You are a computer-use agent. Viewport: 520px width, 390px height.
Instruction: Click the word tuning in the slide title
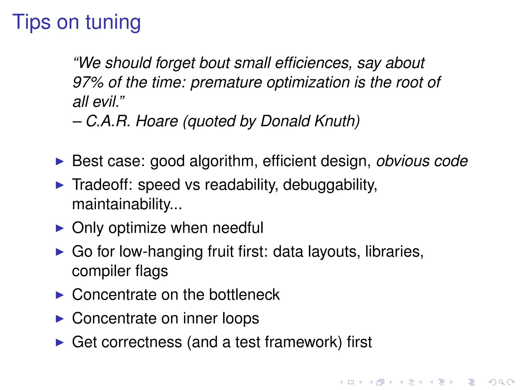113,23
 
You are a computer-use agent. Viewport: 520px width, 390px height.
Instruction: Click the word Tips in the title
31,22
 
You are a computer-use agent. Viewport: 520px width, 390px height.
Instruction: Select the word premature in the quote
226,83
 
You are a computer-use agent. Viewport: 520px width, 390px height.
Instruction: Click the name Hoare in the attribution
157,121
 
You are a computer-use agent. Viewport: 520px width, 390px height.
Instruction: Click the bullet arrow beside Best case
60,161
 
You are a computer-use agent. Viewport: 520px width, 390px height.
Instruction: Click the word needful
238,228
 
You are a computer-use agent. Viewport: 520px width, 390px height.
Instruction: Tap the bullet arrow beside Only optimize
60,228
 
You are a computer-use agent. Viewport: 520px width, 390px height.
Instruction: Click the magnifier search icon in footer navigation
501,382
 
